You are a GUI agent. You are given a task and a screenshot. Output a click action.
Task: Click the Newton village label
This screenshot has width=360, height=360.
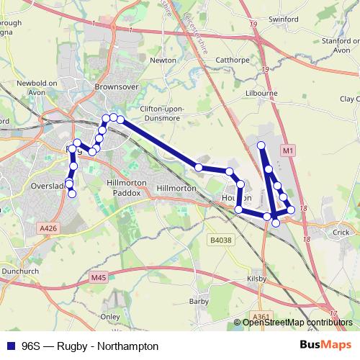(163, 60)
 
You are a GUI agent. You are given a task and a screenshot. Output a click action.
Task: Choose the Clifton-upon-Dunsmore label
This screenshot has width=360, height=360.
(158, 113)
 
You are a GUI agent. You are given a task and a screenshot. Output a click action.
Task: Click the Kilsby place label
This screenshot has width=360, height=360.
(257, 278)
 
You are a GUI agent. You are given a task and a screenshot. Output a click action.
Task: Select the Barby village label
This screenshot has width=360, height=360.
(198, 301)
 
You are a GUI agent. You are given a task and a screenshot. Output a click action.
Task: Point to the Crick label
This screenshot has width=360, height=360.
(340, 233)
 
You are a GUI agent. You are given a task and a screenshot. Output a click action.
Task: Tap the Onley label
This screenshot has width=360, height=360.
(110, 316)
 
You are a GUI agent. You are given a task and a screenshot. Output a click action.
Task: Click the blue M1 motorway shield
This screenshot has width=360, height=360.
(287, 150)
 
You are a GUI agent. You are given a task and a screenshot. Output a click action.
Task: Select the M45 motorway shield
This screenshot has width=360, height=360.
(99, 277)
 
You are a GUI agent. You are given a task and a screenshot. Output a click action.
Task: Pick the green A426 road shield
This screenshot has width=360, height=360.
(48, 228)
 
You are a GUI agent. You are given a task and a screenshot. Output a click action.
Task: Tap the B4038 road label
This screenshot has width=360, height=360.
(220, 240)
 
